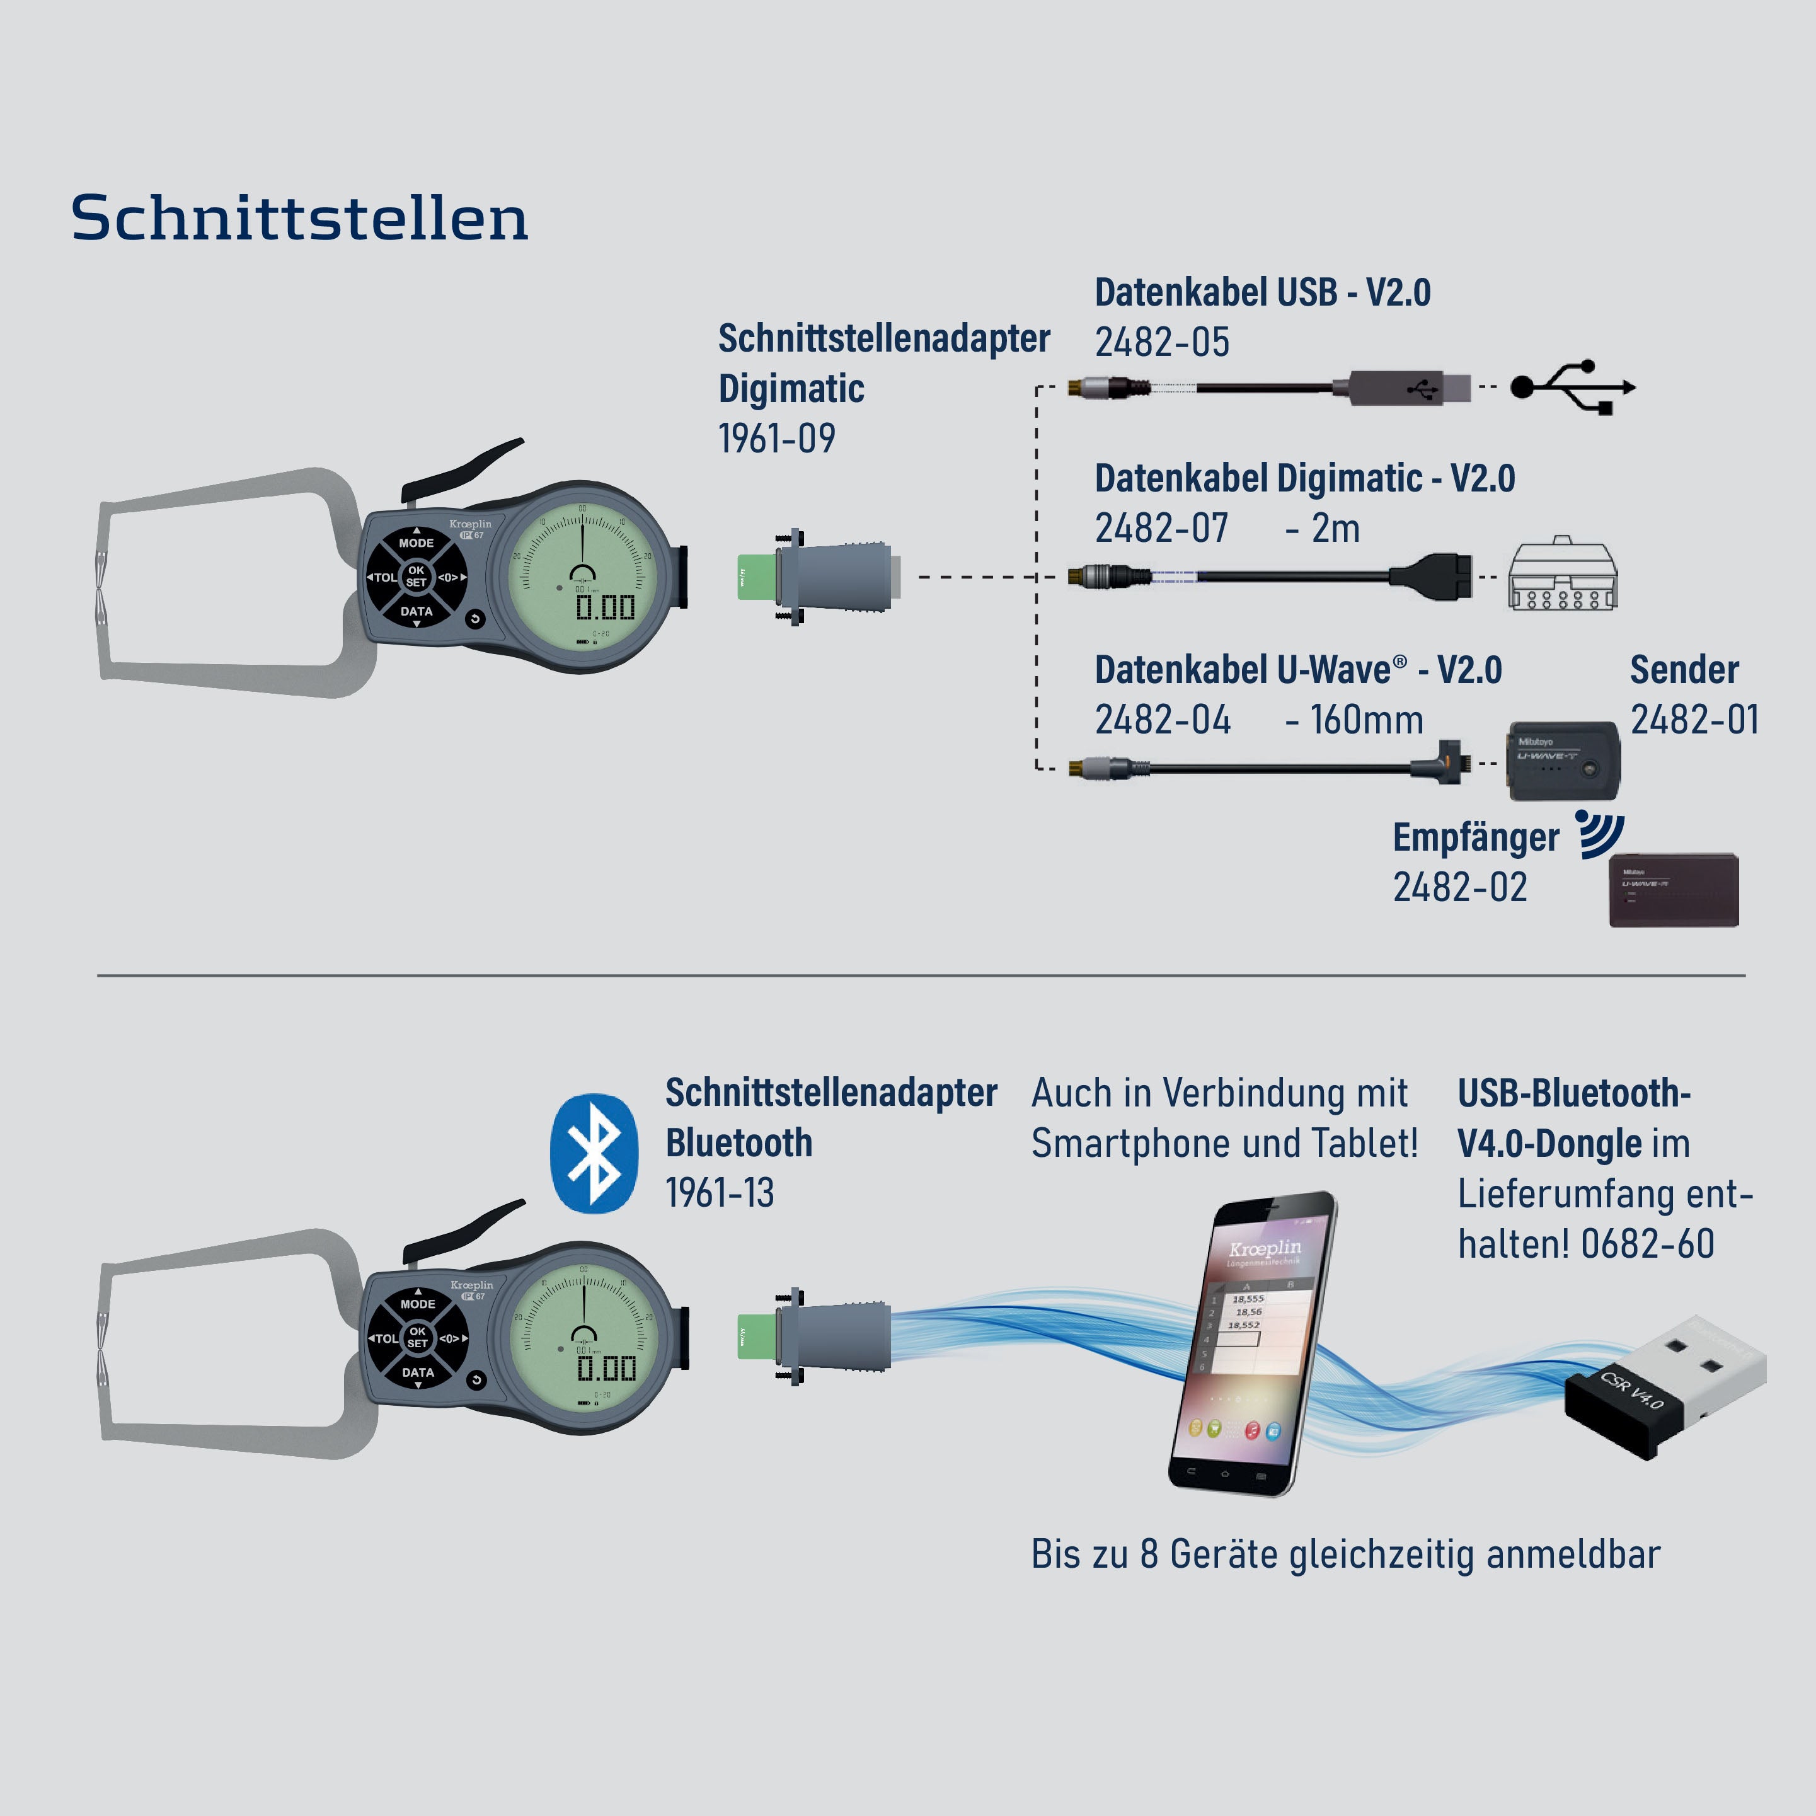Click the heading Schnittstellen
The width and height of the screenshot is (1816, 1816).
(299, 218)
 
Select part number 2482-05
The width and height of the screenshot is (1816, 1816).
(1162, 342)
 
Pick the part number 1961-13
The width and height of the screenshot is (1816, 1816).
(720, 1193)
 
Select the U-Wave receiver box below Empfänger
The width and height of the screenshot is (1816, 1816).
(1673, 890)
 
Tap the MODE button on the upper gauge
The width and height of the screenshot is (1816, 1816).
(417, 543)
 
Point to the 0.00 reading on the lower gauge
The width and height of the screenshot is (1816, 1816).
(606, 1369)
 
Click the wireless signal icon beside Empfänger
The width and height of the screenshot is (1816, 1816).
(1598, 833)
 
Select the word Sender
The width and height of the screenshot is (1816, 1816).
(1684, 670)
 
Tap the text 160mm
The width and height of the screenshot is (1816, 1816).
(1367, 720)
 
